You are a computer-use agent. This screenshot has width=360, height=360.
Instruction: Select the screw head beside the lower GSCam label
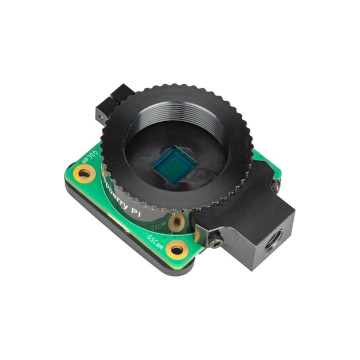coord(217,240)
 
